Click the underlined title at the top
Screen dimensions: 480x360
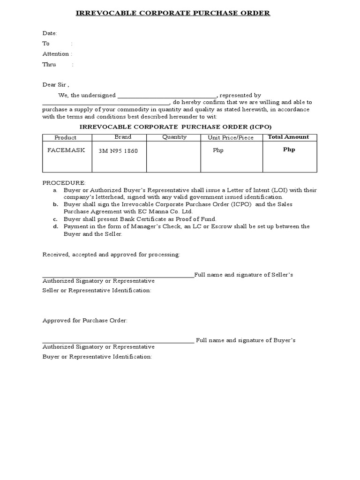point(173,13)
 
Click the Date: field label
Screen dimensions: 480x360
point(50,33)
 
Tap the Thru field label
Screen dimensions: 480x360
point(50,65)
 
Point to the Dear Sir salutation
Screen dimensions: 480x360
point(56,85)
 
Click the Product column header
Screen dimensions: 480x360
point(65,138)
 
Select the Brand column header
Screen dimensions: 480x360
point(123,137)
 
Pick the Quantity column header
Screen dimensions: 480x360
point(174,137)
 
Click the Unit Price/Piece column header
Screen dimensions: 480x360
point(231,138)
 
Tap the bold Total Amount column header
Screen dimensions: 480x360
point(288,137)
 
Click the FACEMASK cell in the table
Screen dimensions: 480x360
point(66,150)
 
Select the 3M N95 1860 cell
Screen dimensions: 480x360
point(118,151)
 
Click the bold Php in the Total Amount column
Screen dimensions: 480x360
point(289,150)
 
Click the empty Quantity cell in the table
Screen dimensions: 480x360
point(173,157)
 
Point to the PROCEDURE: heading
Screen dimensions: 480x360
point(64,182)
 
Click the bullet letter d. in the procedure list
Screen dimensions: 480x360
point(55,226)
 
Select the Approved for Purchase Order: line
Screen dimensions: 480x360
point(85,321)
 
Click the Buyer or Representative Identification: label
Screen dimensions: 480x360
point(97,357)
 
